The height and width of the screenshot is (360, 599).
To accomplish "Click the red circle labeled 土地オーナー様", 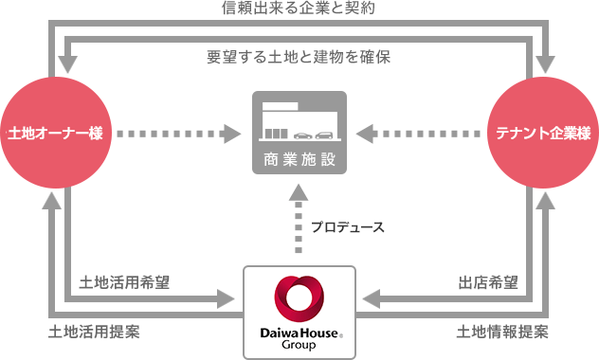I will pyautogui.click(x=56, y=134).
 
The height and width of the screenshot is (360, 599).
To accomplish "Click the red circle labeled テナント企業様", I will pyautogui.click(x=543, y=134).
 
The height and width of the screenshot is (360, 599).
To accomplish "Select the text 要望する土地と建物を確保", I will pyautogui.click(x=299, y=57).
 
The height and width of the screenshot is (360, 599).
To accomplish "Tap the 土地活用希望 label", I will pyautogui.click(x=124, y=282).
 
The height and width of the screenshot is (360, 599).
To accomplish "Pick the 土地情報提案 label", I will pyautogui.click(x=502, y=333).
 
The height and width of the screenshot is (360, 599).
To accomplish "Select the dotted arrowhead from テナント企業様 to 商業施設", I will pyautogui.click(x=369, y=134).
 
